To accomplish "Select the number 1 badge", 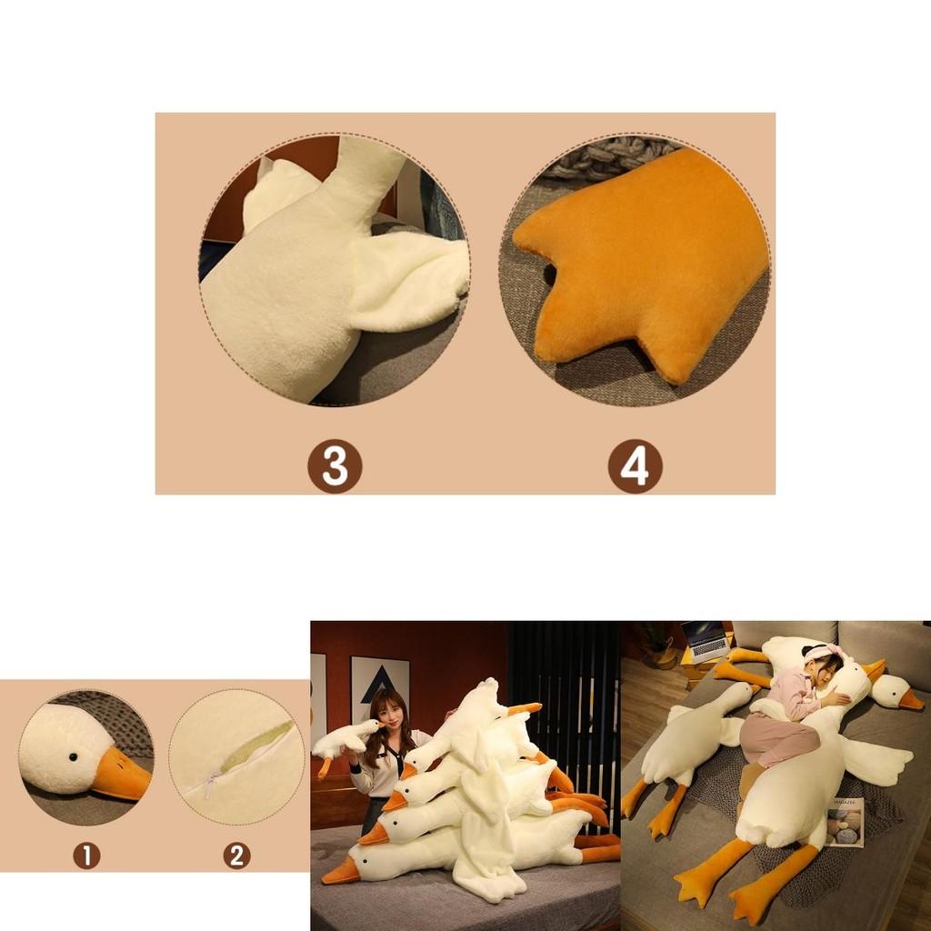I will [86, 855].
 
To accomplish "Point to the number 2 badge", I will [236, 855].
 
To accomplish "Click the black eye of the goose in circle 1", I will [69, 755].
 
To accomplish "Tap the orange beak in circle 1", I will [121, 776].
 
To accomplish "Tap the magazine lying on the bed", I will [845, 822].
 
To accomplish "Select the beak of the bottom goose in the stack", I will [341, 873].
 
